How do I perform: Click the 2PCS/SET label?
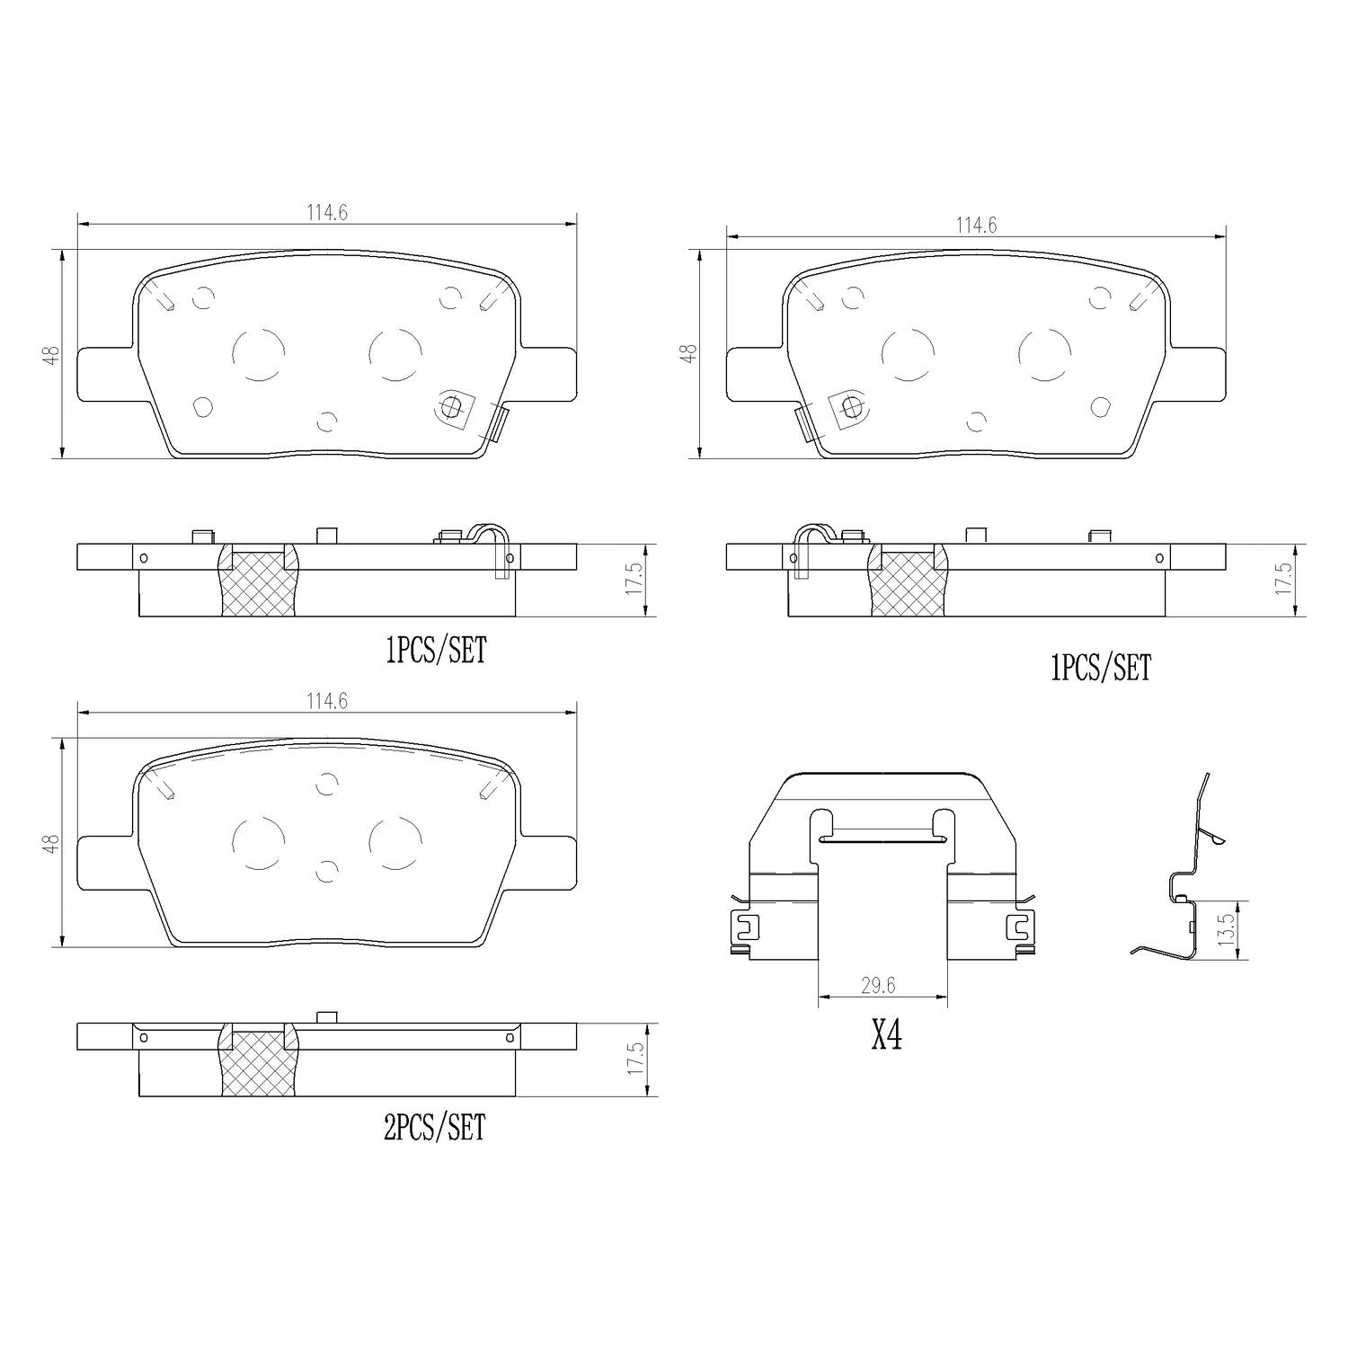pyautogui.click(x=434, y=1127)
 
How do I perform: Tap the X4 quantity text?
pyautogui.click(x=886, y=1036)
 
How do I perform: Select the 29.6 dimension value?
pyautogui.click(x=878, y=986)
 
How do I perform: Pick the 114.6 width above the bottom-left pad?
pyautogui.click(x=327, y=701)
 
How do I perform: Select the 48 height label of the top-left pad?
pyautogui.click(x=54, y=354)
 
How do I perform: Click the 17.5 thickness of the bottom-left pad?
pyautogui.click(x=635, y=1060)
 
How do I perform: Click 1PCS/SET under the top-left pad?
pyautogui.click(x=436, y=650)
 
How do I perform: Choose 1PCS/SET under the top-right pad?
pyautogui.click(x=1100, y=668)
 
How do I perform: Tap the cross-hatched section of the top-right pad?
pyautogui.click(x=908, y=584)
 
